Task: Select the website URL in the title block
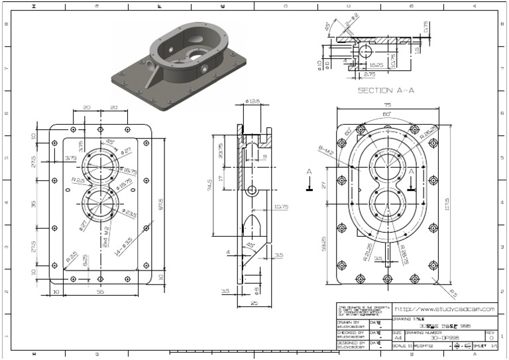point(445,309)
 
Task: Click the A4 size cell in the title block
point(398,338)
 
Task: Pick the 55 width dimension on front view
point(100,291)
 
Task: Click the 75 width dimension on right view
point(386,104)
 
